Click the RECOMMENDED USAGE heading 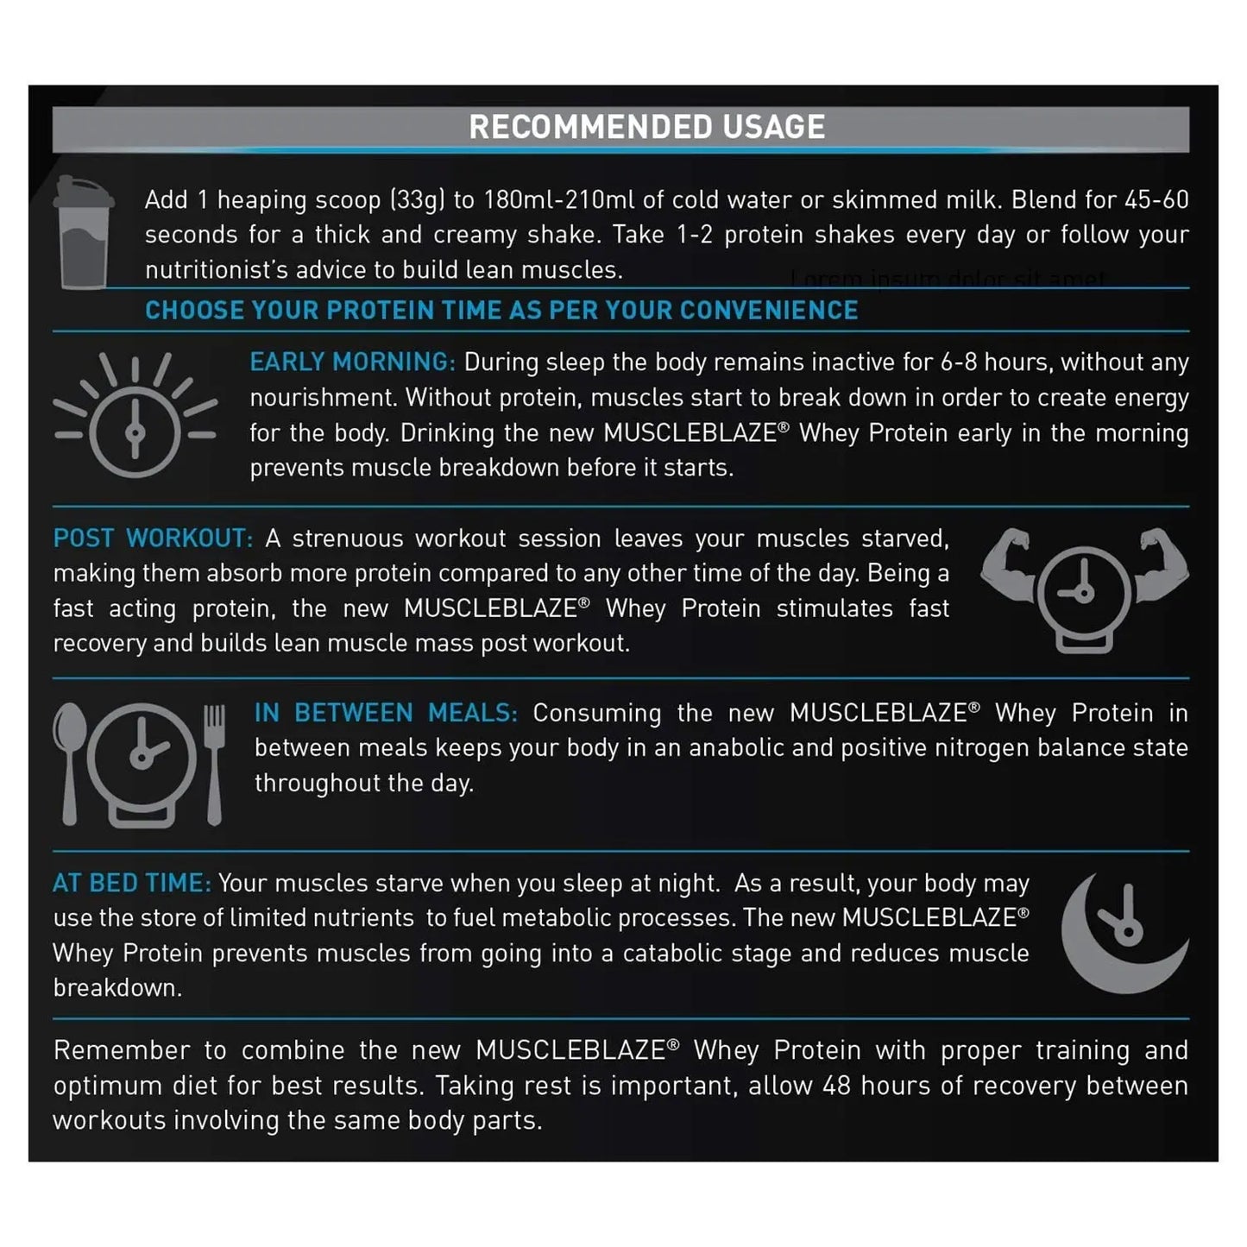[x=646, y=127]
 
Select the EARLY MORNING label [x=352, y=362]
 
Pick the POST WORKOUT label [x=153, y=538]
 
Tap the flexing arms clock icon [x=1084, y=588]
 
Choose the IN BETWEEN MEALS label [x=386, y=713]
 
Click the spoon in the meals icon [x=69, y=759]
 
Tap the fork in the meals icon [x=214, y=759]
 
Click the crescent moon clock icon [x=1121, y=933]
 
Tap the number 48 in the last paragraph [x=837, y=1086]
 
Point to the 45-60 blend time [x=1156, y=200]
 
